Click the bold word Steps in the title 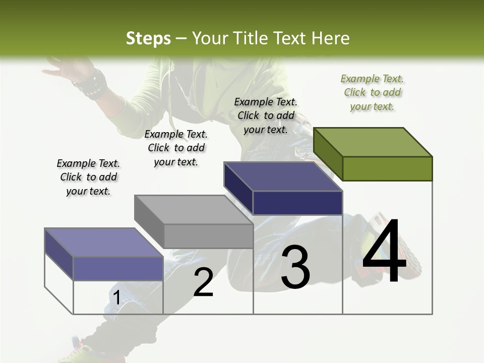pos(148,38)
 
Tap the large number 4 pos(384,252)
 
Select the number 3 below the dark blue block pos(295,267)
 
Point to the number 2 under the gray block pos(203,282)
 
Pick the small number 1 pos(116,298)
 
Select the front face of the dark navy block pos(297,203)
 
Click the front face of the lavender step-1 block pos(118,268)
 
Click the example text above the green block pos(372,92)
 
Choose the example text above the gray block pos(176,148)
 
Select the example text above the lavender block pos(88,177)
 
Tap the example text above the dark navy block pos(266,115)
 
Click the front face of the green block pos(387,168)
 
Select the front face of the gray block pos(208,236)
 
